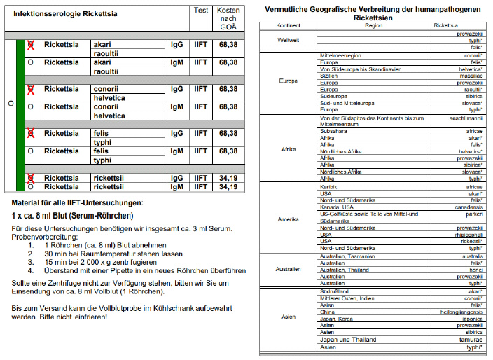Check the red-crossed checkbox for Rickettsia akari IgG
tap(31, 44)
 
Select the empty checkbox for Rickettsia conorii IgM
tap(31, 107)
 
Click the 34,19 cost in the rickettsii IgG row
tap(228, 178)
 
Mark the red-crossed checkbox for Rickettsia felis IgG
tap(31, 133)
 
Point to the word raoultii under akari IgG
tap(106, 53)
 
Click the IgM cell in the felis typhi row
tap(176, 151)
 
